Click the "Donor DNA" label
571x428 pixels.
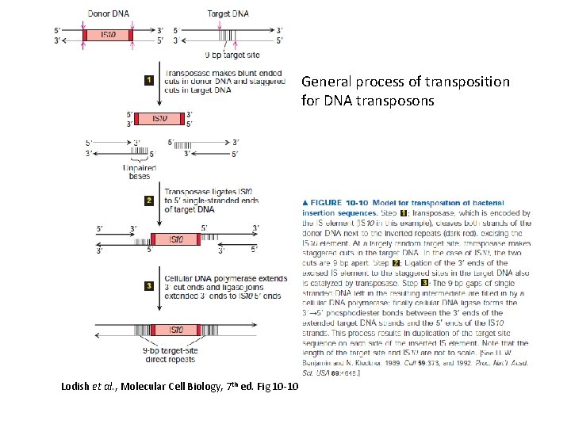[108, 14]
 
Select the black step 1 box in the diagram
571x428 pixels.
[148, 80]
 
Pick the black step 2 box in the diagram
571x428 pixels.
[148, 201]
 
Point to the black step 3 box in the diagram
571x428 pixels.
[148, 285]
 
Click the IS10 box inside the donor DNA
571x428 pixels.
[109, 35]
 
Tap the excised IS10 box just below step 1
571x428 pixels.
[159, 120]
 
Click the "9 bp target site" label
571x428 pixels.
[231, 55]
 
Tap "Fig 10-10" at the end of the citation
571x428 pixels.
[274, 386]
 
